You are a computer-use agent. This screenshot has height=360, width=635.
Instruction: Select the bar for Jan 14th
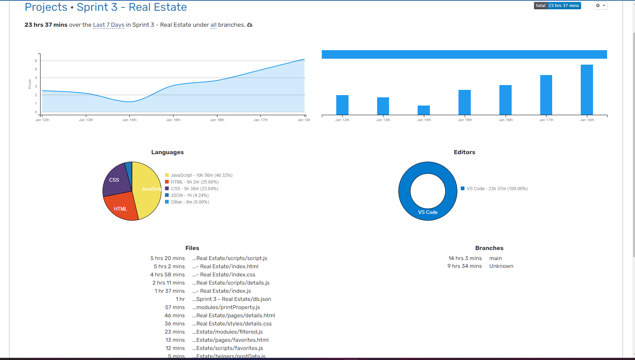[424, 110]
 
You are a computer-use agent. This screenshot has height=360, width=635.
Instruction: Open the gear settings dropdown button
[600, 6]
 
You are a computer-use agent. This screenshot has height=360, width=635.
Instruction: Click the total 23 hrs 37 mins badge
[557, 6]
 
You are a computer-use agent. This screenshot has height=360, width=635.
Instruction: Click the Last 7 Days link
[108, 25]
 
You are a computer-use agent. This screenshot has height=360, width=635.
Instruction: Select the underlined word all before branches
[213, 25]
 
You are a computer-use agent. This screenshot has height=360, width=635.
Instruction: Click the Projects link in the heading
[46, 7]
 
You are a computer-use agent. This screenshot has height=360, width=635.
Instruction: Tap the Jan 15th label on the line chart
[173, 120]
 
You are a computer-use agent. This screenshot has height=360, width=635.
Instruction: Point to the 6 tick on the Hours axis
[36, 61]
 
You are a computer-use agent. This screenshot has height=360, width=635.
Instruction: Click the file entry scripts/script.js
[231, 258]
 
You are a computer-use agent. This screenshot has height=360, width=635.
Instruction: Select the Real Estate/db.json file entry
[233, 299]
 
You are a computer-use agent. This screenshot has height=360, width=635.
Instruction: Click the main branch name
[495, 258]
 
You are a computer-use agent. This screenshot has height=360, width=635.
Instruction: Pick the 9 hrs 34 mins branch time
[464, 266]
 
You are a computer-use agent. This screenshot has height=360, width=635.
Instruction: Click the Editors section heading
[464, 152]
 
